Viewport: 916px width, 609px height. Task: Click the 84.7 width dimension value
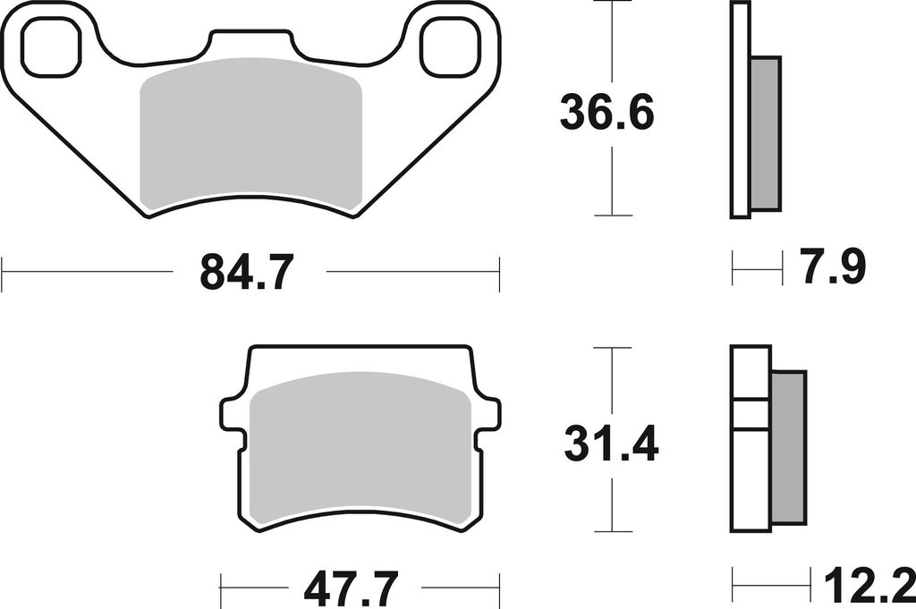(x=245, y=273)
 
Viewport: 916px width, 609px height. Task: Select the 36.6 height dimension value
(x=607, y=113)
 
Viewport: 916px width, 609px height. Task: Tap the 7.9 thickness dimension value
(x=834, y=267)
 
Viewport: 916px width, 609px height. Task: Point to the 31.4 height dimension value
(x=611, y=443)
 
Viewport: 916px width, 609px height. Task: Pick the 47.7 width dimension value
(x=351, y=588)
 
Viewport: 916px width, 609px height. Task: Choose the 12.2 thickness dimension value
(x=869, y=588)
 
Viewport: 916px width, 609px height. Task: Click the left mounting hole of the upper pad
(x=52, y=47)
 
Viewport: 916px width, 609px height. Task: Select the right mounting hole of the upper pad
(x=452, y=47)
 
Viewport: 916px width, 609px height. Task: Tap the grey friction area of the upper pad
(x=250, y=134)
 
